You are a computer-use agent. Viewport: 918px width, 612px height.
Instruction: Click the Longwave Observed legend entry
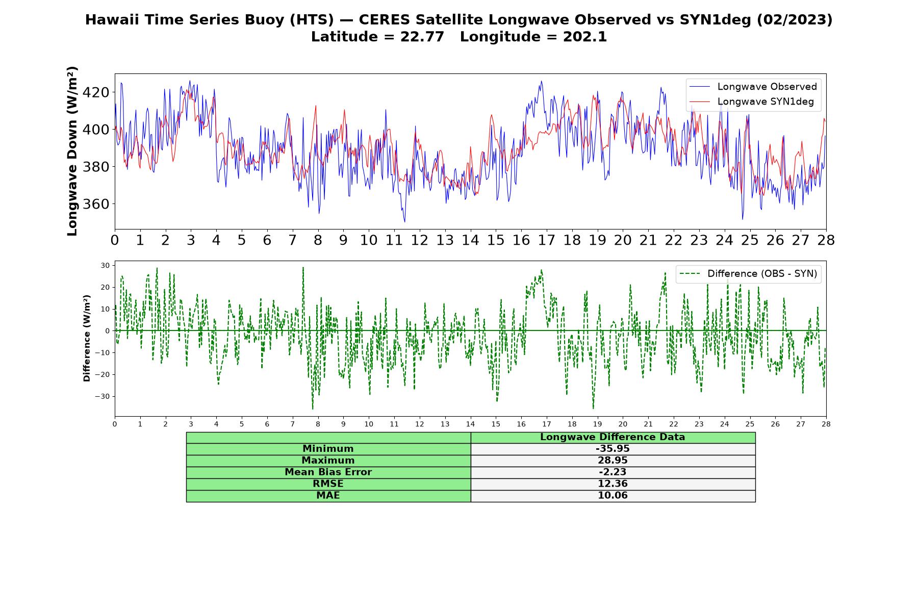click(753, 87)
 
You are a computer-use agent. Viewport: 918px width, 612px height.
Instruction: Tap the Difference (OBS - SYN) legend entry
click(748, 274)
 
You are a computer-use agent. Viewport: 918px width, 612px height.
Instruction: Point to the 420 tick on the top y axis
click(96, 92)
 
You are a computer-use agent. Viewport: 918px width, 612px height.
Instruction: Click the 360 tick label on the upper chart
click(96, 204)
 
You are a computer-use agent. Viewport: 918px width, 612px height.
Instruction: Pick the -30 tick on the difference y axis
click(104, 396)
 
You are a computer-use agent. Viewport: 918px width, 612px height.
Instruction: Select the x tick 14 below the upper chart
click(470, 240)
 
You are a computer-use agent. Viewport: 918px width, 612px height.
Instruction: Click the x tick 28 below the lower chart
click(826, 424)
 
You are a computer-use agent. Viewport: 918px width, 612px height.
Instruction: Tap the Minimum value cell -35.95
click(613, 449)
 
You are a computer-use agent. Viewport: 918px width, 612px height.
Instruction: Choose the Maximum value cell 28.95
click(613, 461)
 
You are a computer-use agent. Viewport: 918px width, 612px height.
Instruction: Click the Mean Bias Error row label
click(328, 472)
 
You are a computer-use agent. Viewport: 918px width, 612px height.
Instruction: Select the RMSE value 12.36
click(613, 484)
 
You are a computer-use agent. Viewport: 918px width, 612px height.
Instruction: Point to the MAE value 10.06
click(613, 496)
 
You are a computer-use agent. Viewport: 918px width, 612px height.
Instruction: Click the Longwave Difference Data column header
click(613, 437)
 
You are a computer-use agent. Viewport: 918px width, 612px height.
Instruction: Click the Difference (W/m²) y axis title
click(87, 338)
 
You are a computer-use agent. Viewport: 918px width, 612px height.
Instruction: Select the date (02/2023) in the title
click(795, 20)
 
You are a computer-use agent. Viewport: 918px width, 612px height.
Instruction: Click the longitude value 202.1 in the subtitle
click(585, 37)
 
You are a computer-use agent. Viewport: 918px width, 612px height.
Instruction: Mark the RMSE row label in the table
click(328, 484)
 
